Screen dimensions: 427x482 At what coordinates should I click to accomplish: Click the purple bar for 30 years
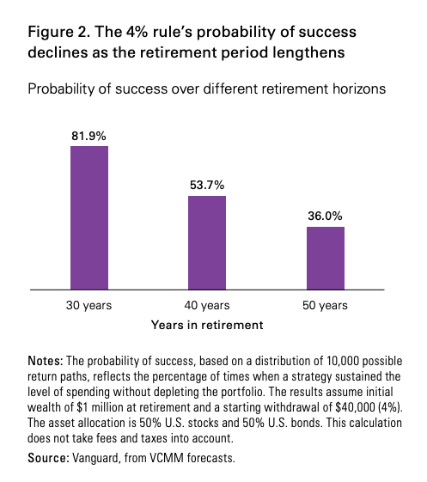(x=89, y=217)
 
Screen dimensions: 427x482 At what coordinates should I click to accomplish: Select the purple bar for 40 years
(x=207, y=242)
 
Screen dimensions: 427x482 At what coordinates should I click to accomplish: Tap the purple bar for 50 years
(x=326, y=259)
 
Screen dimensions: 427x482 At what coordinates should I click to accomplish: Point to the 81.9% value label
(x=88, y=136)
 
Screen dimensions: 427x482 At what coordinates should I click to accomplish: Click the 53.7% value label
(x=207, y=185)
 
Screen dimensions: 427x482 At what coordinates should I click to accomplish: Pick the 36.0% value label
(x=325, y=217)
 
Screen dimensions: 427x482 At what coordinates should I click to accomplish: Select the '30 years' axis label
(x=88, y=306)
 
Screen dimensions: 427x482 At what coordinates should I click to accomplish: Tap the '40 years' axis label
(x=207, y=306)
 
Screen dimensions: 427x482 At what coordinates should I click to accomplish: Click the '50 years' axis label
(x=325, y=306)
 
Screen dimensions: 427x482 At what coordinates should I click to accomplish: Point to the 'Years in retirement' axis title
(x=207, y=325)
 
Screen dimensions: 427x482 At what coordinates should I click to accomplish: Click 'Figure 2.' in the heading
(x=59, y=33)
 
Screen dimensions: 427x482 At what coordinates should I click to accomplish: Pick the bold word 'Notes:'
(x=46, y=361)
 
